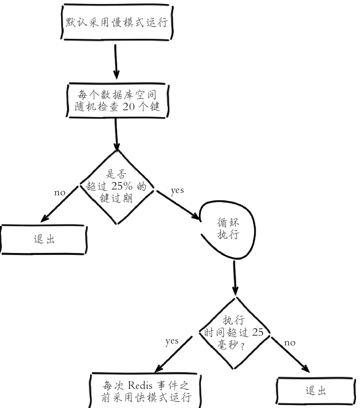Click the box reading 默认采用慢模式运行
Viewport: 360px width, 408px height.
[x=117, y=23]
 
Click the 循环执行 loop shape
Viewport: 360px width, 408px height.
[x=228, y=229]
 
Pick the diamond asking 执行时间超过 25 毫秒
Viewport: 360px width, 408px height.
[x=234, y=332]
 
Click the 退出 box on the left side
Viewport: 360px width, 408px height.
[x=44, y=240]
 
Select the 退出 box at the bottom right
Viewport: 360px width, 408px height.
[x=315, y=391]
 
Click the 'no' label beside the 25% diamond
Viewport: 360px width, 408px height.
[x=60, y=192]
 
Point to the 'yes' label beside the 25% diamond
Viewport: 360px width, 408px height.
[x=177, y=191]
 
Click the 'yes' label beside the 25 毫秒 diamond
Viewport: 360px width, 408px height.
[x=172, y=341]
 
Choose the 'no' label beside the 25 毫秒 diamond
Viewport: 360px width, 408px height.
[x=290, y=343]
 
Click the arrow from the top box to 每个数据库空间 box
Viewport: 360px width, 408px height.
[x=116, y=62]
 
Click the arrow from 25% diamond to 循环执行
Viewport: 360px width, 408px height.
[x=177, y=204]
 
